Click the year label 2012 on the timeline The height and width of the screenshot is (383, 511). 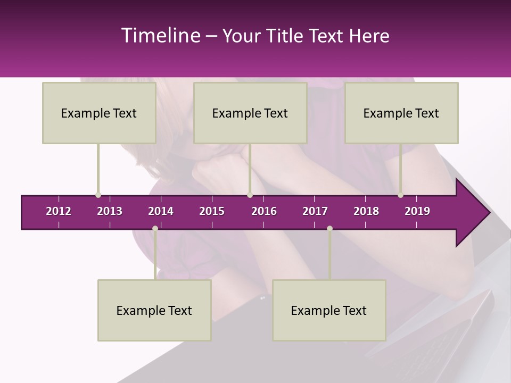pyautogui.click(x=59, y=211)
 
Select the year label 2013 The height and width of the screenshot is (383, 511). pyautogui.click(x=110, y=211)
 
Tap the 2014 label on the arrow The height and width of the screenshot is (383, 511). pyautogui.click(x=161, y=211)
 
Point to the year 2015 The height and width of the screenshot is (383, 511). pyautogui.click(x=212, y=211)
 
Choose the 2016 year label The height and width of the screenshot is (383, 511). pyautogui.click(x=264, y=211)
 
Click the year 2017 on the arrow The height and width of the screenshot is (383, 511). pyautogui.click(x=315, y=211)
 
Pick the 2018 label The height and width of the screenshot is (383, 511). pyautogui.click(x=366, y=211)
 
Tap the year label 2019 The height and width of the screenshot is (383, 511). pyautogui.click(x=417, y=211)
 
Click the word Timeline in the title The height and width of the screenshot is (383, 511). pyautogui.click(x=160, y=36)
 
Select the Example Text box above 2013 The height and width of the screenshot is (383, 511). pyautogui.click(x=99, y=113)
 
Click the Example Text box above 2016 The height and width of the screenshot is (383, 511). pyautogui.click(x=250, y=113)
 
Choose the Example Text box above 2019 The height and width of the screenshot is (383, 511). pyautogui.click(x=401, y=113)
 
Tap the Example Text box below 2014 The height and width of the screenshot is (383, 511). pyautogui.click(x=154, y=310)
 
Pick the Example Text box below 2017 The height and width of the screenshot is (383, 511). pyautogui.click(x=329, y=310)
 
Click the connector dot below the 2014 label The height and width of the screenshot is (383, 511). pyautogui.click(x=155, y=228)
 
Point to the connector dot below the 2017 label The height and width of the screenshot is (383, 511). pyautogui.click(x=329, y=228)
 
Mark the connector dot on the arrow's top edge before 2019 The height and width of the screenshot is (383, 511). pyautogui.click(x=400, y=195)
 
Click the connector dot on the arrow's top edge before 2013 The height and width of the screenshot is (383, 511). pyautogui.click(x=98, y=195)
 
